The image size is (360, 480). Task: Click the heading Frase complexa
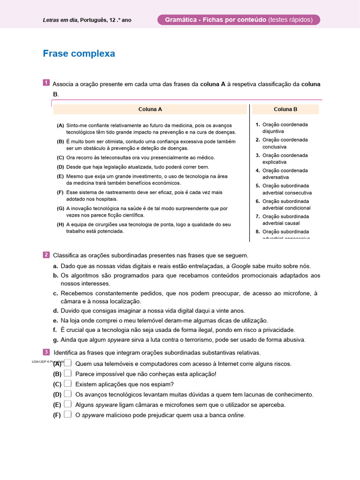click(x=79, y=53)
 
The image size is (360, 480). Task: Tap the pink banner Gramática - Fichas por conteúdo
click(x=239, y=20)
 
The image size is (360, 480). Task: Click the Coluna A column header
click(x=150, y=109)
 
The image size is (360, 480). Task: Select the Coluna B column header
click(x=285, y=109)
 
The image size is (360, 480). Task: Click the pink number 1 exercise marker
click(x=46, y=83)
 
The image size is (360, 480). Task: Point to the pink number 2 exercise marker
click(x=46, y=255)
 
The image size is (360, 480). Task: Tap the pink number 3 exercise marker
click(x=46, y=352)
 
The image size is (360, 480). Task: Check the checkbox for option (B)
click(x=68, y=374)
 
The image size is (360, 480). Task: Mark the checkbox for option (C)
click(x=68, y=384)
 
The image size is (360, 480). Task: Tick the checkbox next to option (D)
click(x=68, y=394)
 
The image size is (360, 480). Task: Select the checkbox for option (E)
click(x=68, y=405)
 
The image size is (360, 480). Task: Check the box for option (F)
click(x=68, y=415)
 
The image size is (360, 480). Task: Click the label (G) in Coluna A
click(x=60, y=208)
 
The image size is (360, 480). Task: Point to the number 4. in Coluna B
click(x=258, y=171)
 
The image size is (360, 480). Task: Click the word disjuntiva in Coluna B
click(x=273, y=132)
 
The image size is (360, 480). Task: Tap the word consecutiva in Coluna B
click(x=299, y=193)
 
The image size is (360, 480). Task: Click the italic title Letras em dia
click(x=60, y=20)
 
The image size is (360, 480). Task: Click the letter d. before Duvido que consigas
click(x=56, y=310)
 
